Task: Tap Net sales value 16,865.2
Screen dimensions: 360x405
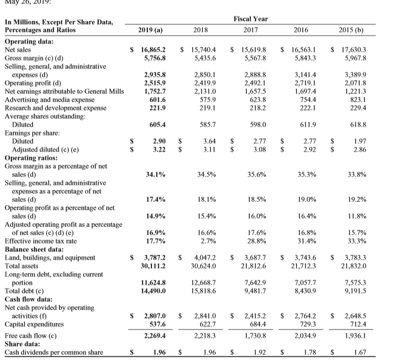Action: coord(152,50)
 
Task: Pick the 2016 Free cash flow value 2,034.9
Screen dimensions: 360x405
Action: coord(304,335)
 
